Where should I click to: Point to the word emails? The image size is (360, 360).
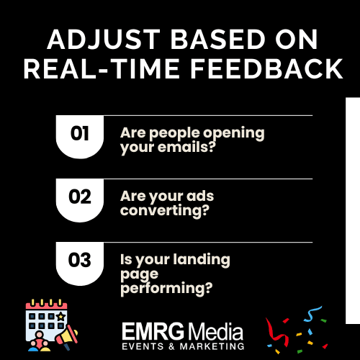point(194,148)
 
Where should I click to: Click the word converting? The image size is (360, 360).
point(164,211)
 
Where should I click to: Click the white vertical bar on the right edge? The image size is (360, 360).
point(354,209)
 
